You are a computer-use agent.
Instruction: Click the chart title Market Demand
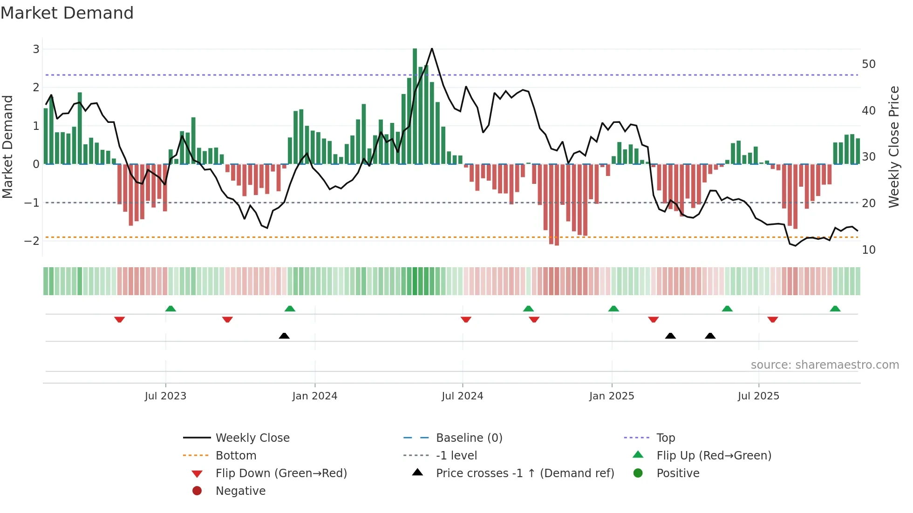coord(67,13)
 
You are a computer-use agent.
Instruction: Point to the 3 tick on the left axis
coord(36,49)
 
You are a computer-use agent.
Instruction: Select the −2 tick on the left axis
coord(32,241)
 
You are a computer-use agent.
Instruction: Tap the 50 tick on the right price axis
coord(868,64)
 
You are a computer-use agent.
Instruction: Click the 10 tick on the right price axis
coord(868,250)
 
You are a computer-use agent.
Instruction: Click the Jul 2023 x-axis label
coord(165,396)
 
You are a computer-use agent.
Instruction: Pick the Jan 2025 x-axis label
coord(611,396)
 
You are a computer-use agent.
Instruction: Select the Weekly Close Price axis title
coord(893,147)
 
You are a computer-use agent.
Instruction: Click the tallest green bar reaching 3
coord(415,106)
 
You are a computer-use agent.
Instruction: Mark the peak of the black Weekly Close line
coord(432,48)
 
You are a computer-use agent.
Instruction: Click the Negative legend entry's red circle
coord(197,491)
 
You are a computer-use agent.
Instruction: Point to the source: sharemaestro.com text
coord(824,364)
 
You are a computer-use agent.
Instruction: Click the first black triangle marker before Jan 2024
coord(284,336)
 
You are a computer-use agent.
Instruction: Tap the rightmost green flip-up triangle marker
coord(835,309)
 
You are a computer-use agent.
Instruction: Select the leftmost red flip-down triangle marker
coord(119,319)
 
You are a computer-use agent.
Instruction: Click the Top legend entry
coord(665,438)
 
